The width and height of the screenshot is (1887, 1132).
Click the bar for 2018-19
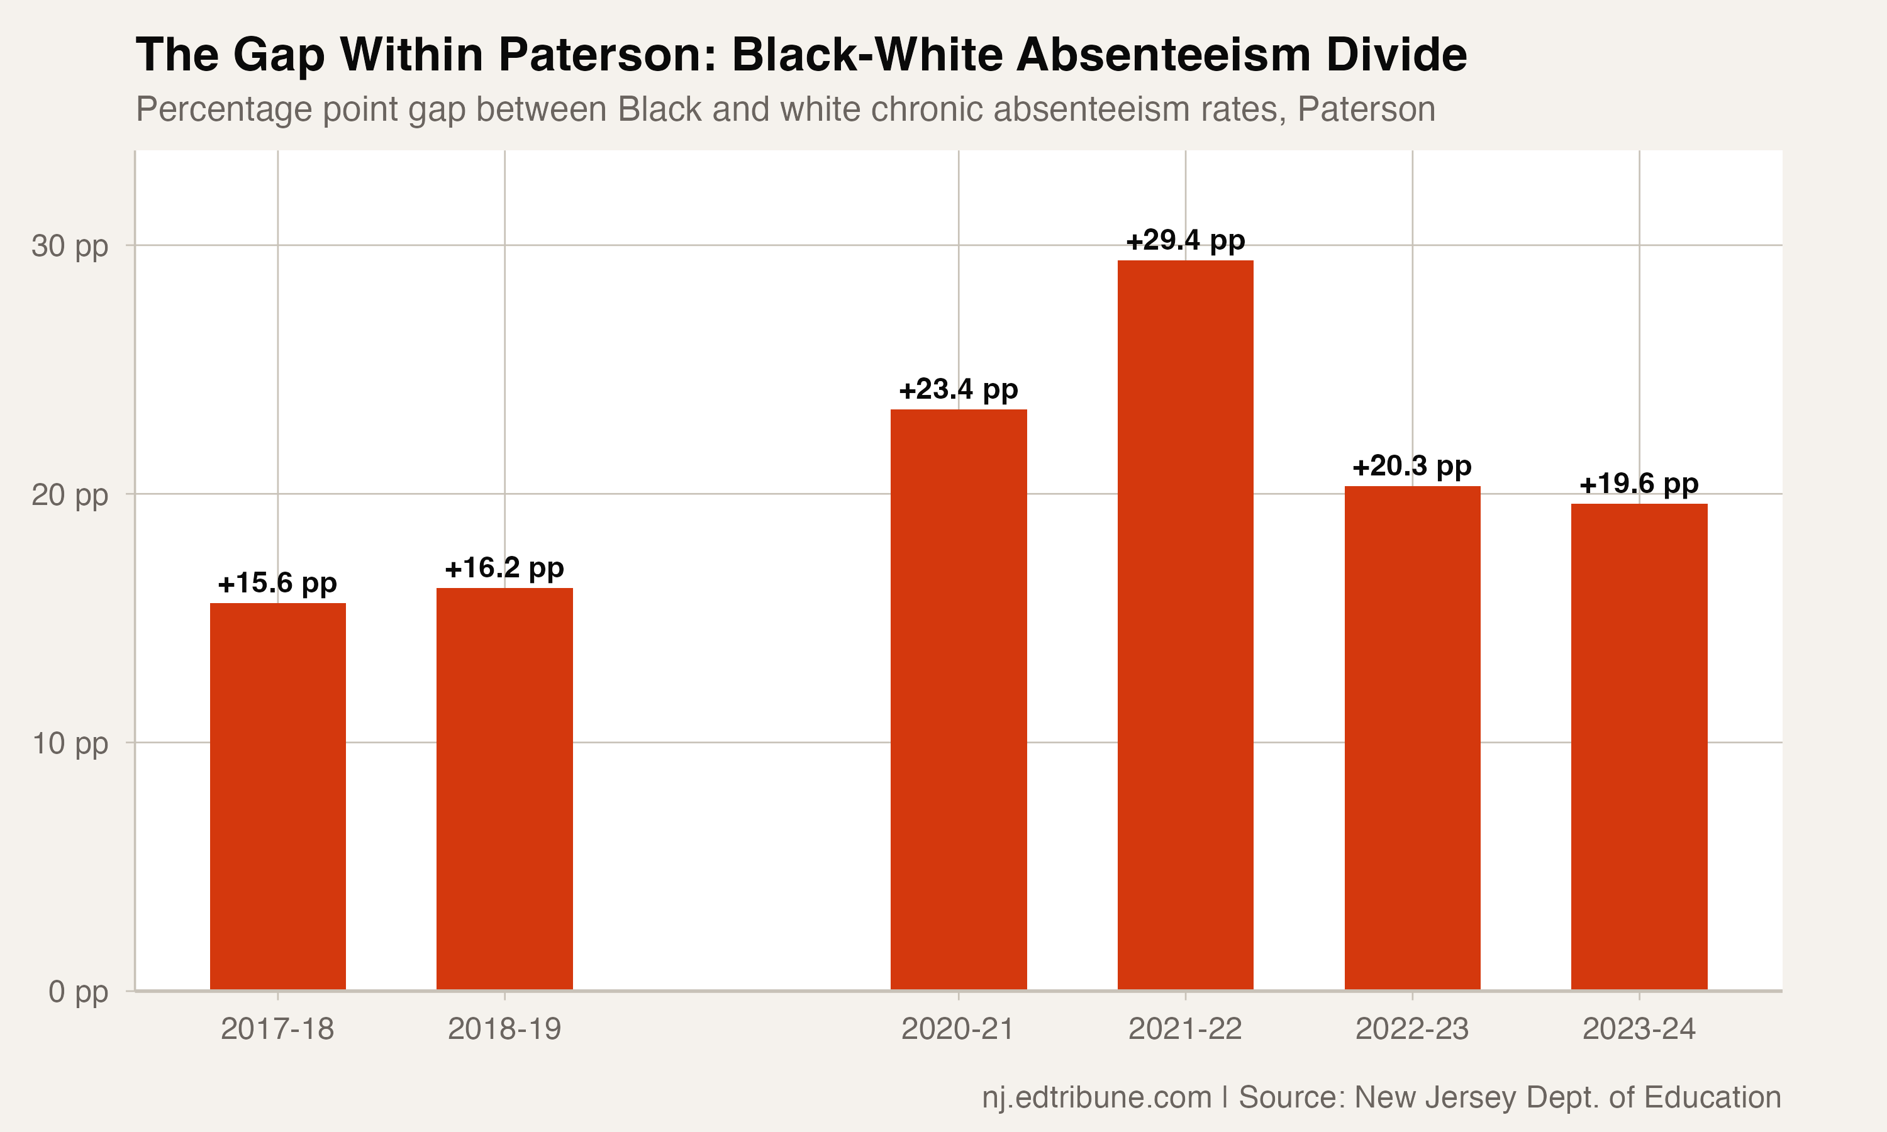tap(504, 789)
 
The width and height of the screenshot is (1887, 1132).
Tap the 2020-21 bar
tap(959, 699)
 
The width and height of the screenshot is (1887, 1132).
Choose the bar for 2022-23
tap(1412, 738)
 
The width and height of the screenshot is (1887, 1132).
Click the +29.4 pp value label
tap(1185, 240)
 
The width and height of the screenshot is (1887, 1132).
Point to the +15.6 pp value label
tap(277, 584)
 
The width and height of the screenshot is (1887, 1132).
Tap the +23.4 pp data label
tap(959, 390)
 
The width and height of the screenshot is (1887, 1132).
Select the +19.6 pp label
tap(1639, 484)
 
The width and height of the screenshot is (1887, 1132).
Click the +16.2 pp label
tap(504, 569)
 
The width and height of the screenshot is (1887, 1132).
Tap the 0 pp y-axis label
tap(79, 992)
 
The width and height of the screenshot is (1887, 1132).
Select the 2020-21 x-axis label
tap(958, 1029)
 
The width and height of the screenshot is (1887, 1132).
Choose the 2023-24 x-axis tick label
tap(1639, 1029)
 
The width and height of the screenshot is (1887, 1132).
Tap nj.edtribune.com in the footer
tap(1097, 1097)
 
